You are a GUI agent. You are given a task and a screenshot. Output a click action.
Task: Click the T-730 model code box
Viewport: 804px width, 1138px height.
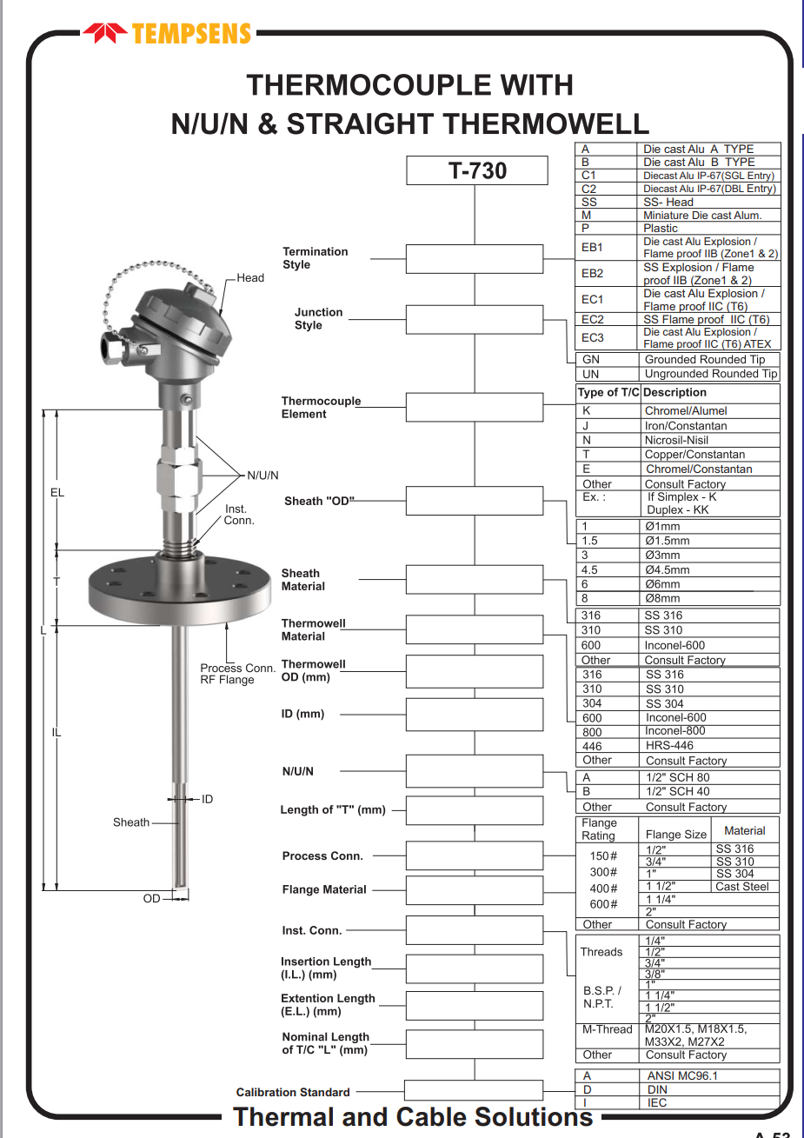477,170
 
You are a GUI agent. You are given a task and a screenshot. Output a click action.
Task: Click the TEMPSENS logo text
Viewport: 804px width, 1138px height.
191,34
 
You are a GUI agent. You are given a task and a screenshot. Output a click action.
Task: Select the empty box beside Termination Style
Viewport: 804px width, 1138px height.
475,258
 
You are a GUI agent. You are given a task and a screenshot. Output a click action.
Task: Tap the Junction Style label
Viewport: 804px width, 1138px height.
318,318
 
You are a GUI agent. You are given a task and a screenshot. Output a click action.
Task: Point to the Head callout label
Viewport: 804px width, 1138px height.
250,278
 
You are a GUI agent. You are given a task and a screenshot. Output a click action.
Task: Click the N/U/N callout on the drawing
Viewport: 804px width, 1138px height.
262,476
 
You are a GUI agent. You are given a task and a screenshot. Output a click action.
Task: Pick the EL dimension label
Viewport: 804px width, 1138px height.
57,493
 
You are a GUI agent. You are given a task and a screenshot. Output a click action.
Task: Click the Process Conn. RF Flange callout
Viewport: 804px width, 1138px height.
236,674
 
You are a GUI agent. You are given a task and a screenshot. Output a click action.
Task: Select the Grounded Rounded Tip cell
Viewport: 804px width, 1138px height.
705,359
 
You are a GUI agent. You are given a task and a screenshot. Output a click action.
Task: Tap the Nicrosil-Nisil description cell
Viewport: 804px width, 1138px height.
676,440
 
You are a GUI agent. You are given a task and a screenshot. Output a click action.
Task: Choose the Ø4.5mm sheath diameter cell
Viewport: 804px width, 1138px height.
667,569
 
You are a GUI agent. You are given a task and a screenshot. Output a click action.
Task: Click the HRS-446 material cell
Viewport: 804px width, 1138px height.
669,745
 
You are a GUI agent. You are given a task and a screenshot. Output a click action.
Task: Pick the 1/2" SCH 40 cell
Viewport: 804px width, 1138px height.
677,791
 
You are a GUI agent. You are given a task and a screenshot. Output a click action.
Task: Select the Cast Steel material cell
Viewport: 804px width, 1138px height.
741,887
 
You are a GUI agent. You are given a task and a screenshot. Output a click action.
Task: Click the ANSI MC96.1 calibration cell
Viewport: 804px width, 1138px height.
682,1075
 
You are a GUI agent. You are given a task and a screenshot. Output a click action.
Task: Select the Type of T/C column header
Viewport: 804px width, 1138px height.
608,392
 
